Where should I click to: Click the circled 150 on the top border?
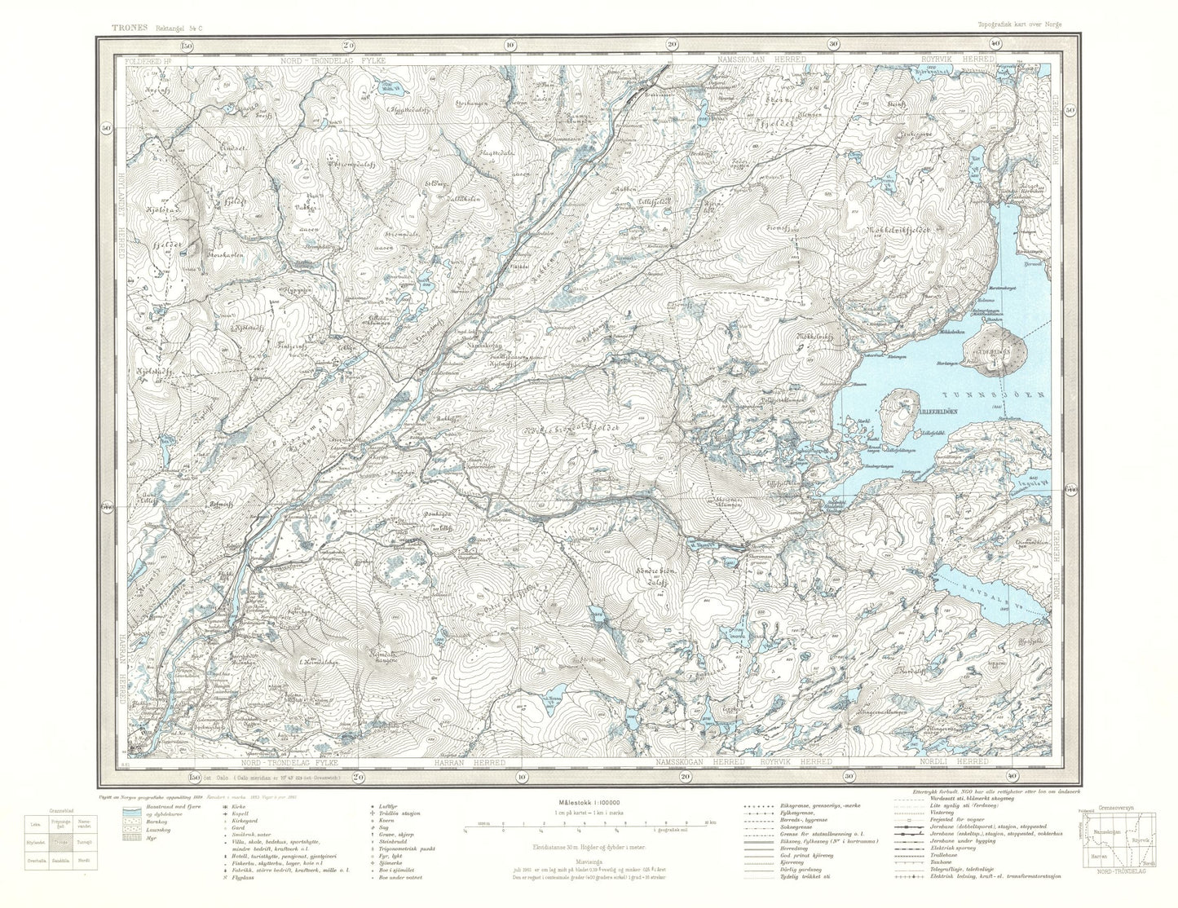[188, 46]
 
